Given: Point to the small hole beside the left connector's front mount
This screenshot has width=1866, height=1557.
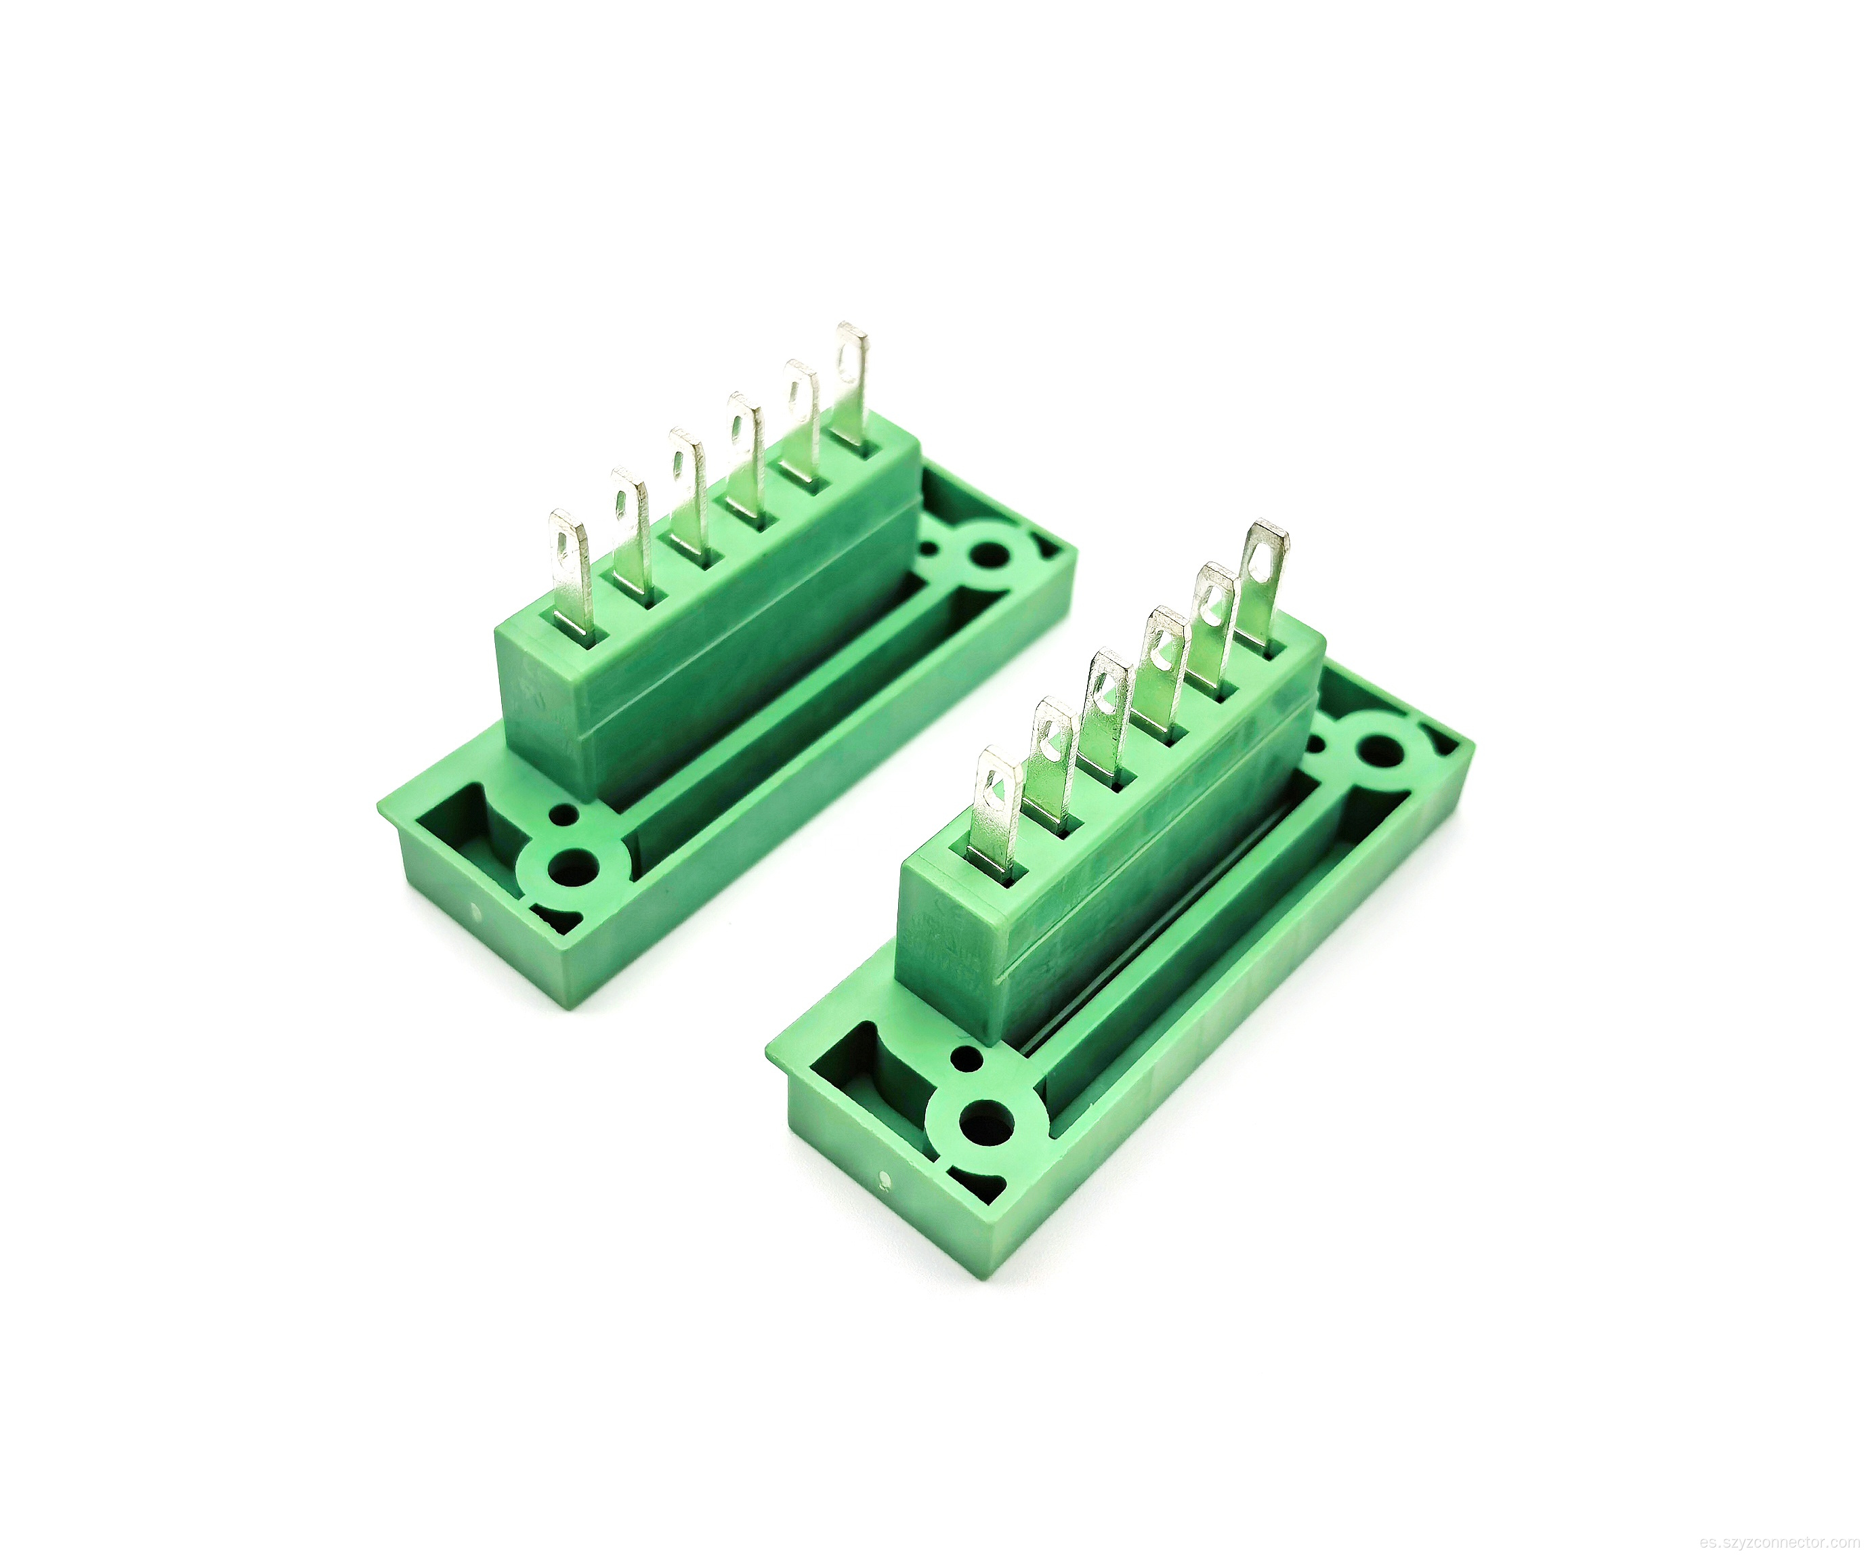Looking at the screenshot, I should [x=562, y=811].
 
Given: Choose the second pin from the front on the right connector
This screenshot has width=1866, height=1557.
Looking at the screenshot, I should [x=1048, y=765].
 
